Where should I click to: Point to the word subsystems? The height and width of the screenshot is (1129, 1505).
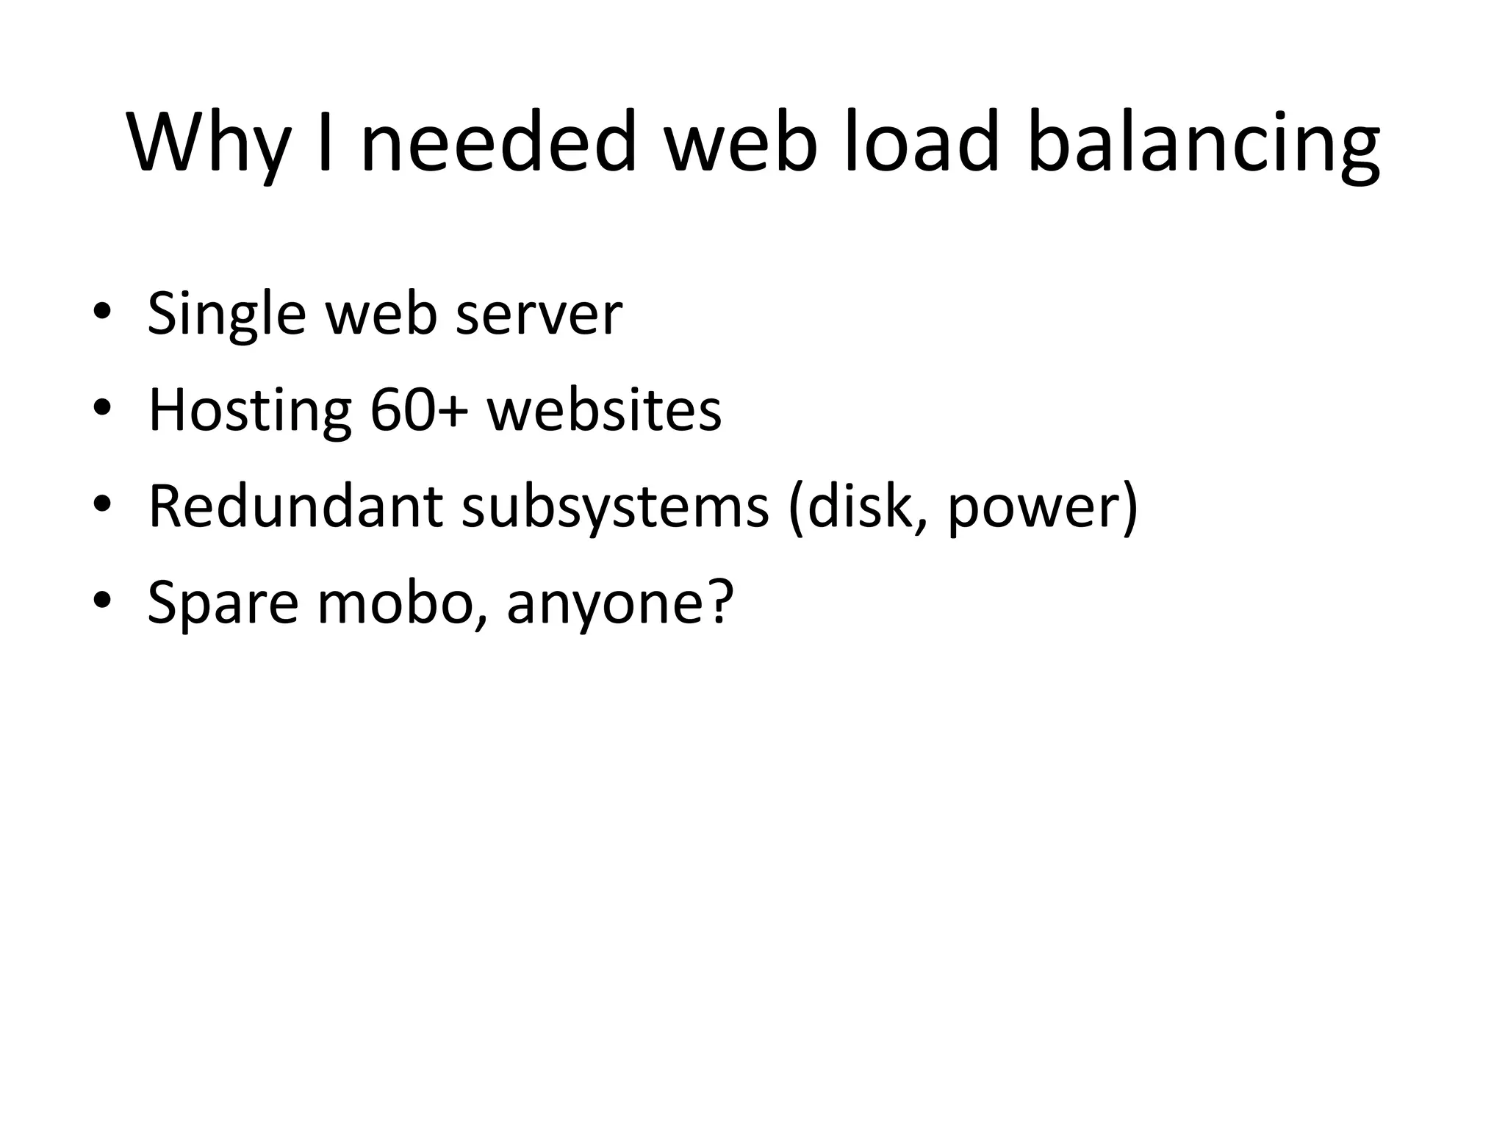(615, 508)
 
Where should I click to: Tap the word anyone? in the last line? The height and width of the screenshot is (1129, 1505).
(620, 604)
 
